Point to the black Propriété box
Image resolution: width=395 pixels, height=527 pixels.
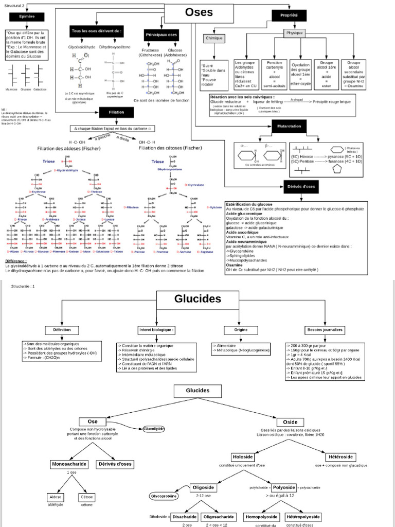(290, 16)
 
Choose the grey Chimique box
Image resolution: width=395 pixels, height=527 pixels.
(214, 38)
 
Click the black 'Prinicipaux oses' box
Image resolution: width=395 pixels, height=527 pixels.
(161, 34)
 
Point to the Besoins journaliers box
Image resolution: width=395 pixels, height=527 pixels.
(325, 329)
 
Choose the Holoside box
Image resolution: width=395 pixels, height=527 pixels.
(242, 456)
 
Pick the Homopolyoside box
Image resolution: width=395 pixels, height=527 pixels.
(261, 517)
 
